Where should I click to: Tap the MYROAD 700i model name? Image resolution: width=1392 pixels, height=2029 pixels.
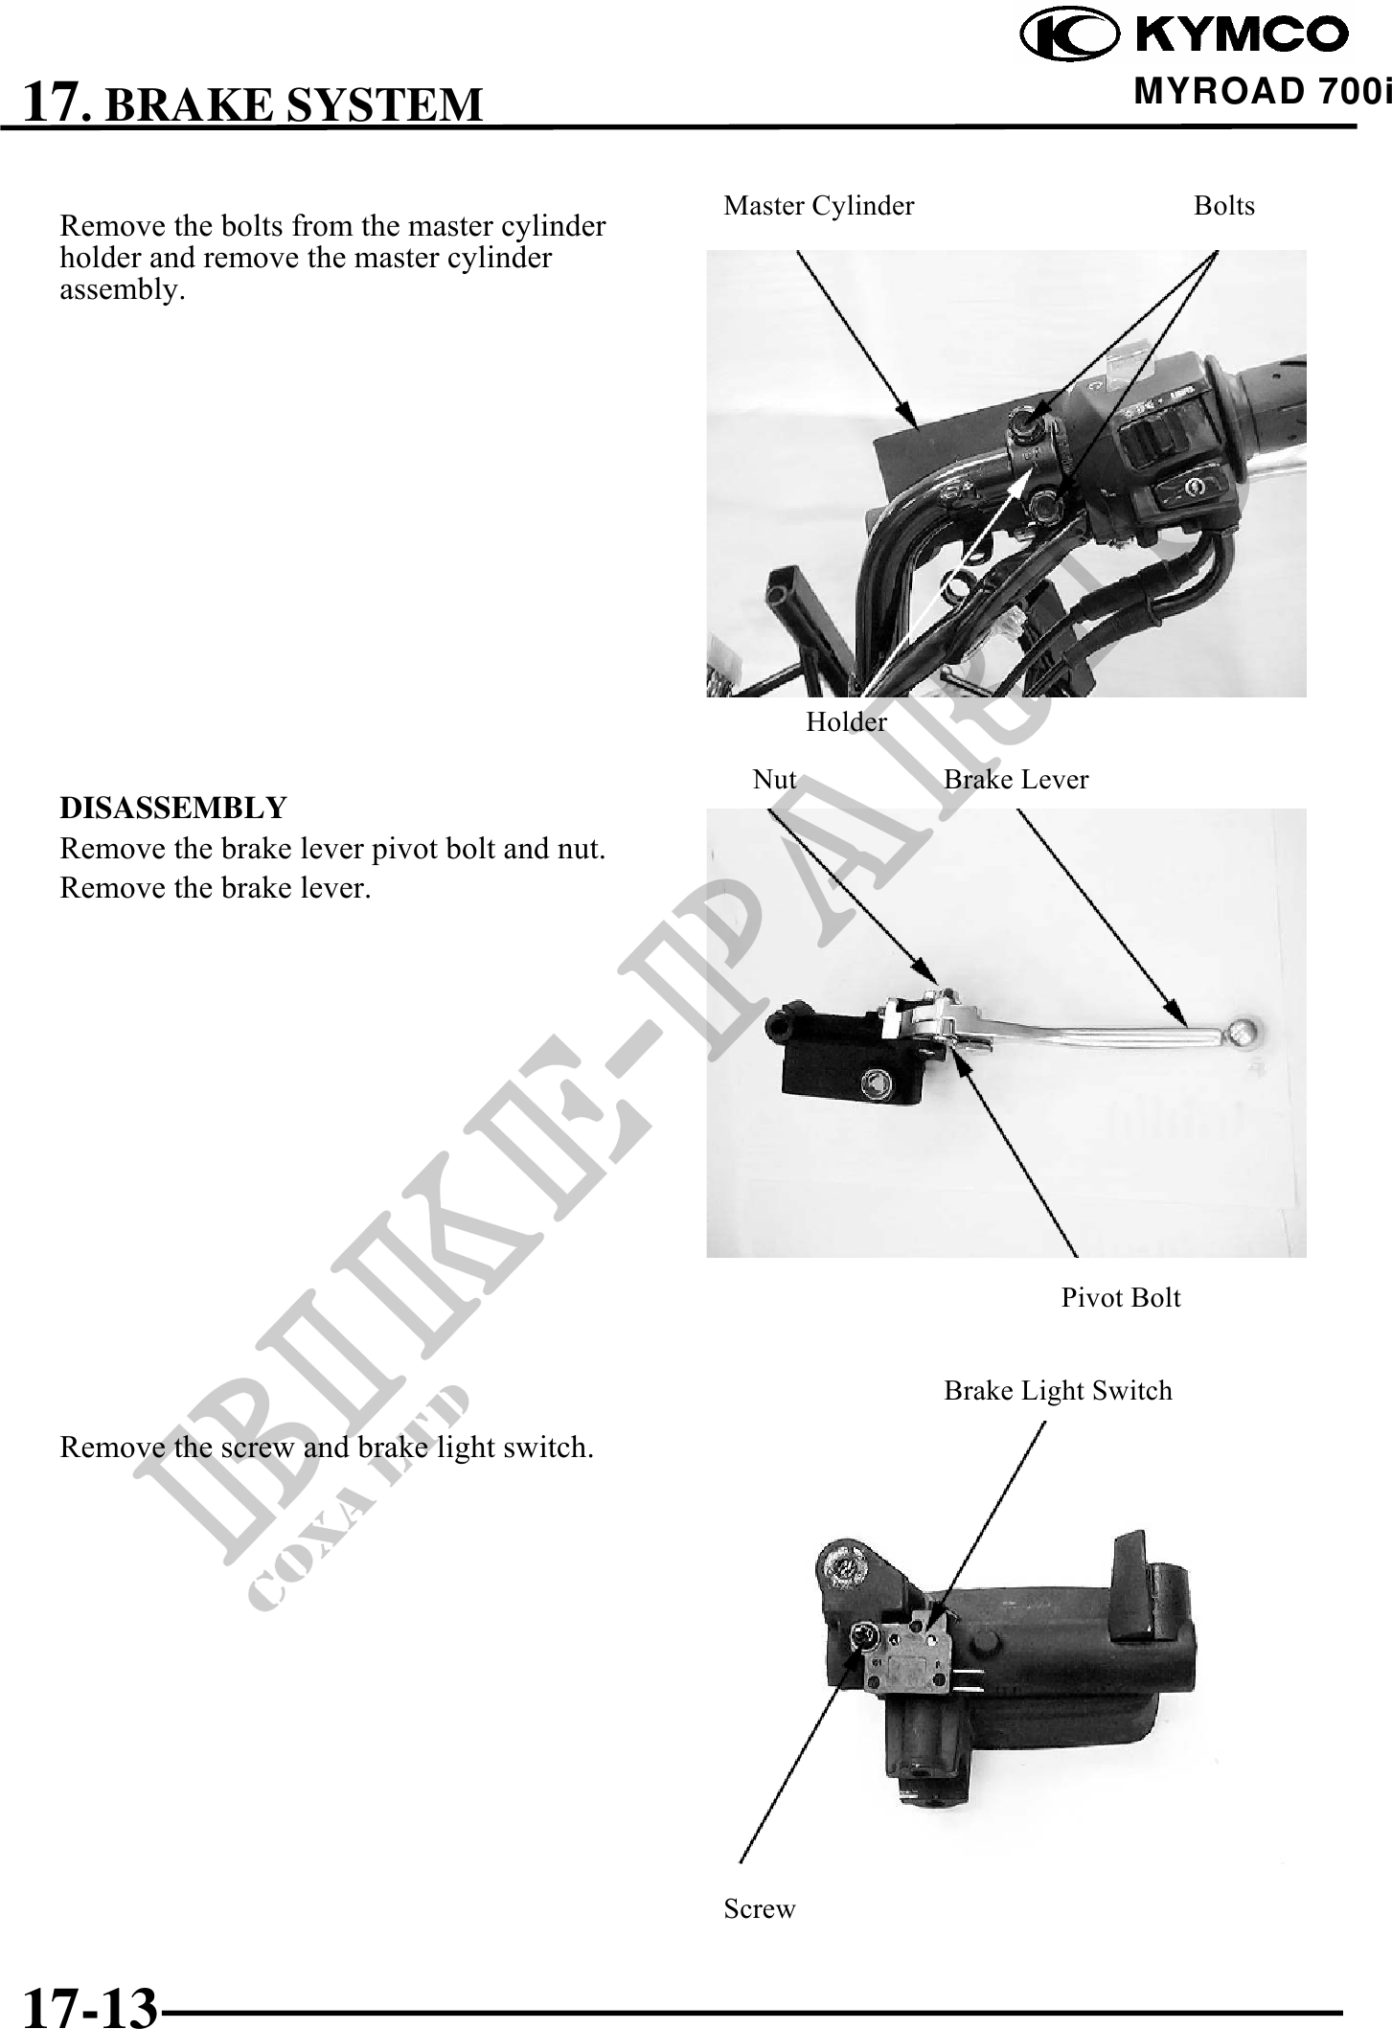(x=1262, y=92)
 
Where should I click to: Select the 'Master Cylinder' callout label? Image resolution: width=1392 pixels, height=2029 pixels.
(x=819, y=206)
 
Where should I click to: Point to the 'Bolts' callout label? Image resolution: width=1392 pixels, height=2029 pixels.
(x=1224, y=206)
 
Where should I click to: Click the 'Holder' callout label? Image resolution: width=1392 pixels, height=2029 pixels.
(x=847, y=721)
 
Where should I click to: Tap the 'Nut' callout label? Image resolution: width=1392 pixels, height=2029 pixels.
(x=775, y=780)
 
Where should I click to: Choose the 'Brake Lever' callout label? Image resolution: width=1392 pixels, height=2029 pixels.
(x=1016, y=780)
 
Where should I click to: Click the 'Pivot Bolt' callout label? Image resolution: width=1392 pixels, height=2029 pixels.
(x=1121, y=1298)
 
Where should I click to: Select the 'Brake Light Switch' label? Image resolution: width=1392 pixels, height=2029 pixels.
(x=1058, y=1391)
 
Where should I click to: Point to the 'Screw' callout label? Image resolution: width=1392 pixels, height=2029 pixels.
(x=760, y=1909)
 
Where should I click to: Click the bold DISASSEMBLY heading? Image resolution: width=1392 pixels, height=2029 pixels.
(x=173, y=808)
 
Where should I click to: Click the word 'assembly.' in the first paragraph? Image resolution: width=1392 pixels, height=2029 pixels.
(x=123, y=290)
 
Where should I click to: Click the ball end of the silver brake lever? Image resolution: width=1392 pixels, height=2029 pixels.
(x=1243, y=1032)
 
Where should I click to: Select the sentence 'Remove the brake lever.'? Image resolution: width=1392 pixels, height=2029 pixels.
(x=216, y=888)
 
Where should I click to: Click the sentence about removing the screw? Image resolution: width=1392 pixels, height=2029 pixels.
(x=327, y=1448)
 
